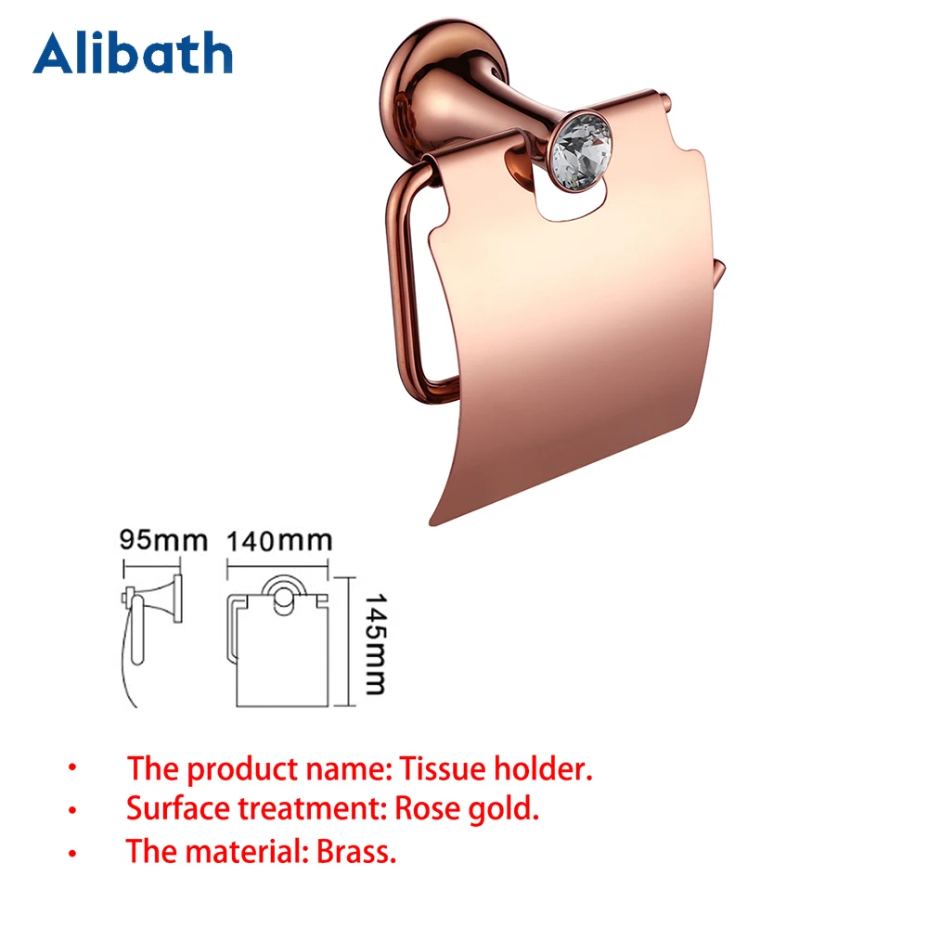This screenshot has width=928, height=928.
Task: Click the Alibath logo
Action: point(133,53)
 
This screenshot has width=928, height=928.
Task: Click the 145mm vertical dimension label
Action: point(374,637)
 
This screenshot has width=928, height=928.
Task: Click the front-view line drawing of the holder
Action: point(278,645)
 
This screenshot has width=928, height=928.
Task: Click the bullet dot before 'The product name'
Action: point(72,769)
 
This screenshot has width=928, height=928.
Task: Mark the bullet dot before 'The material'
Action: point(72,853)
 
